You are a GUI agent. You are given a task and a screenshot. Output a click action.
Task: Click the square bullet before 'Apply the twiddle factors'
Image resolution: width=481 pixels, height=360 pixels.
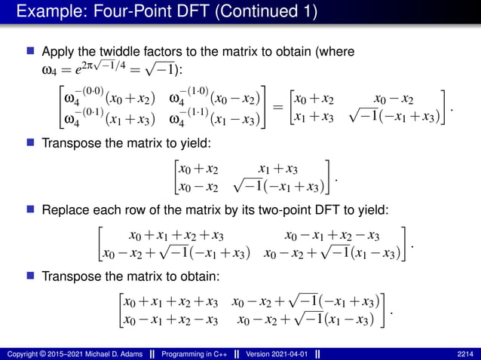pyautogui.click(x=31, y=53)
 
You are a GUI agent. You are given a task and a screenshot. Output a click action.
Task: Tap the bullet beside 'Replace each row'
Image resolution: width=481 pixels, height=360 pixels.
pyautogui.click(x=31, y=207)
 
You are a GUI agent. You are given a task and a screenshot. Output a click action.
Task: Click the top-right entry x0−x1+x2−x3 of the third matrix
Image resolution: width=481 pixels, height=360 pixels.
pyautogui.click(x=331, y=235)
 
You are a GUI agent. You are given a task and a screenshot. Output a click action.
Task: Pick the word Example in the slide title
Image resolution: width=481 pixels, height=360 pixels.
pyautogui.click(x=44, y=12)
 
